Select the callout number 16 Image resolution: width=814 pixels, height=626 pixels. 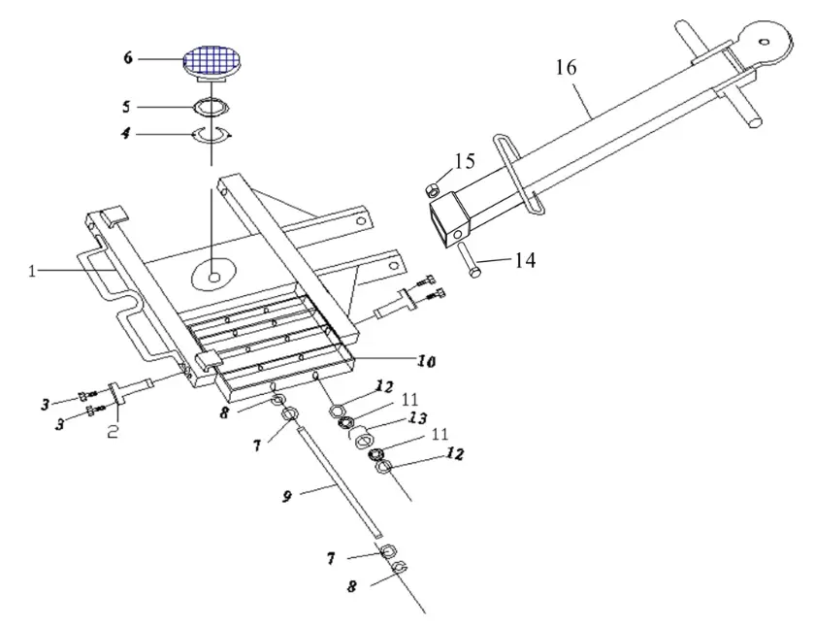tap(566, 67)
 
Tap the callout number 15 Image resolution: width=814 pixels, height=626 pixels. tap(466, 161)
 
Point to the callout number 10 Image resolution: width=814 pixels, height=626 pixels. tap(426, 362)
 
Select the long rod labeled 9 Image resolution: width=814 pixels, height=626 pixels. tap(342, 476)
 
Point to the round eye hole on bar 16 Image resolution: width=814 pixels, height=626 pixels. tap(766, 40)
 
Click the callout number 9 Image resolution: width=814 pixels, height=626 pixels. tap(286, 497)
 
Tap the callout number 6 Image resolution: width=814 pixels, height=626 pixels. tap(128, 58)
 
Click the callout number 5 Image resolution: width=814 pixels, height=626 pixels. tap(126, 107)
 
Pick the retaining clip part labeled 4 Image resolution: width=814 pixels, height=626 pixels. tap(211, 135)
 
